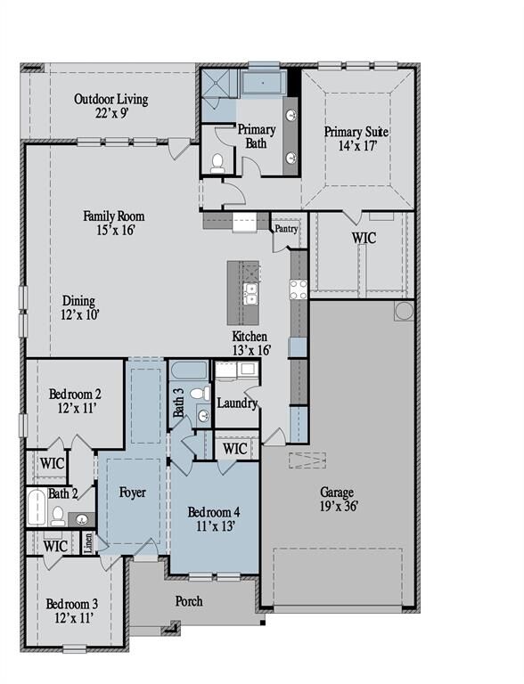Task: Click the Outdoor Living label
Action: [111, 106]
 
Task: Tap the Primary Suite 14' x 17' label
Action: [356, 140]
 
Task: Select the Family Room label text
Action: [114, 223]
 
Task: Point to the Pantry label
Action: [286, 229]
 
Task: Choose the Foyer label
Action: [132, 493]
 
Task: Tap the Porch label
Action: [188, 601]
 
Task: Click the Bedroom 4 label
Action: [213, 520]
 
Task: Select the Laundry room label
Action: [237, 403]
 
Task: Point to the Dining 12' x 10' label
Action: [79, 308]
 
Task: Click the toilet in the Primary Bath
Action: [217, 162]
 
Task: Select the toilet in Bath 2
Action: [58, 516]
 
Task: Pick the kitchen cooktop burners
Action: [298, 289]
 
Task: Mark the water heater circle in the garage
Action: [404, 310]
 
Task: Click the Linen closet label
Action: [88, 541]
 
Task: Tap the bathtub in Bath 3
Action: [187, 372]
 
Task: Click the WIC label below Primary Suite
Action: [364, 239]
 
